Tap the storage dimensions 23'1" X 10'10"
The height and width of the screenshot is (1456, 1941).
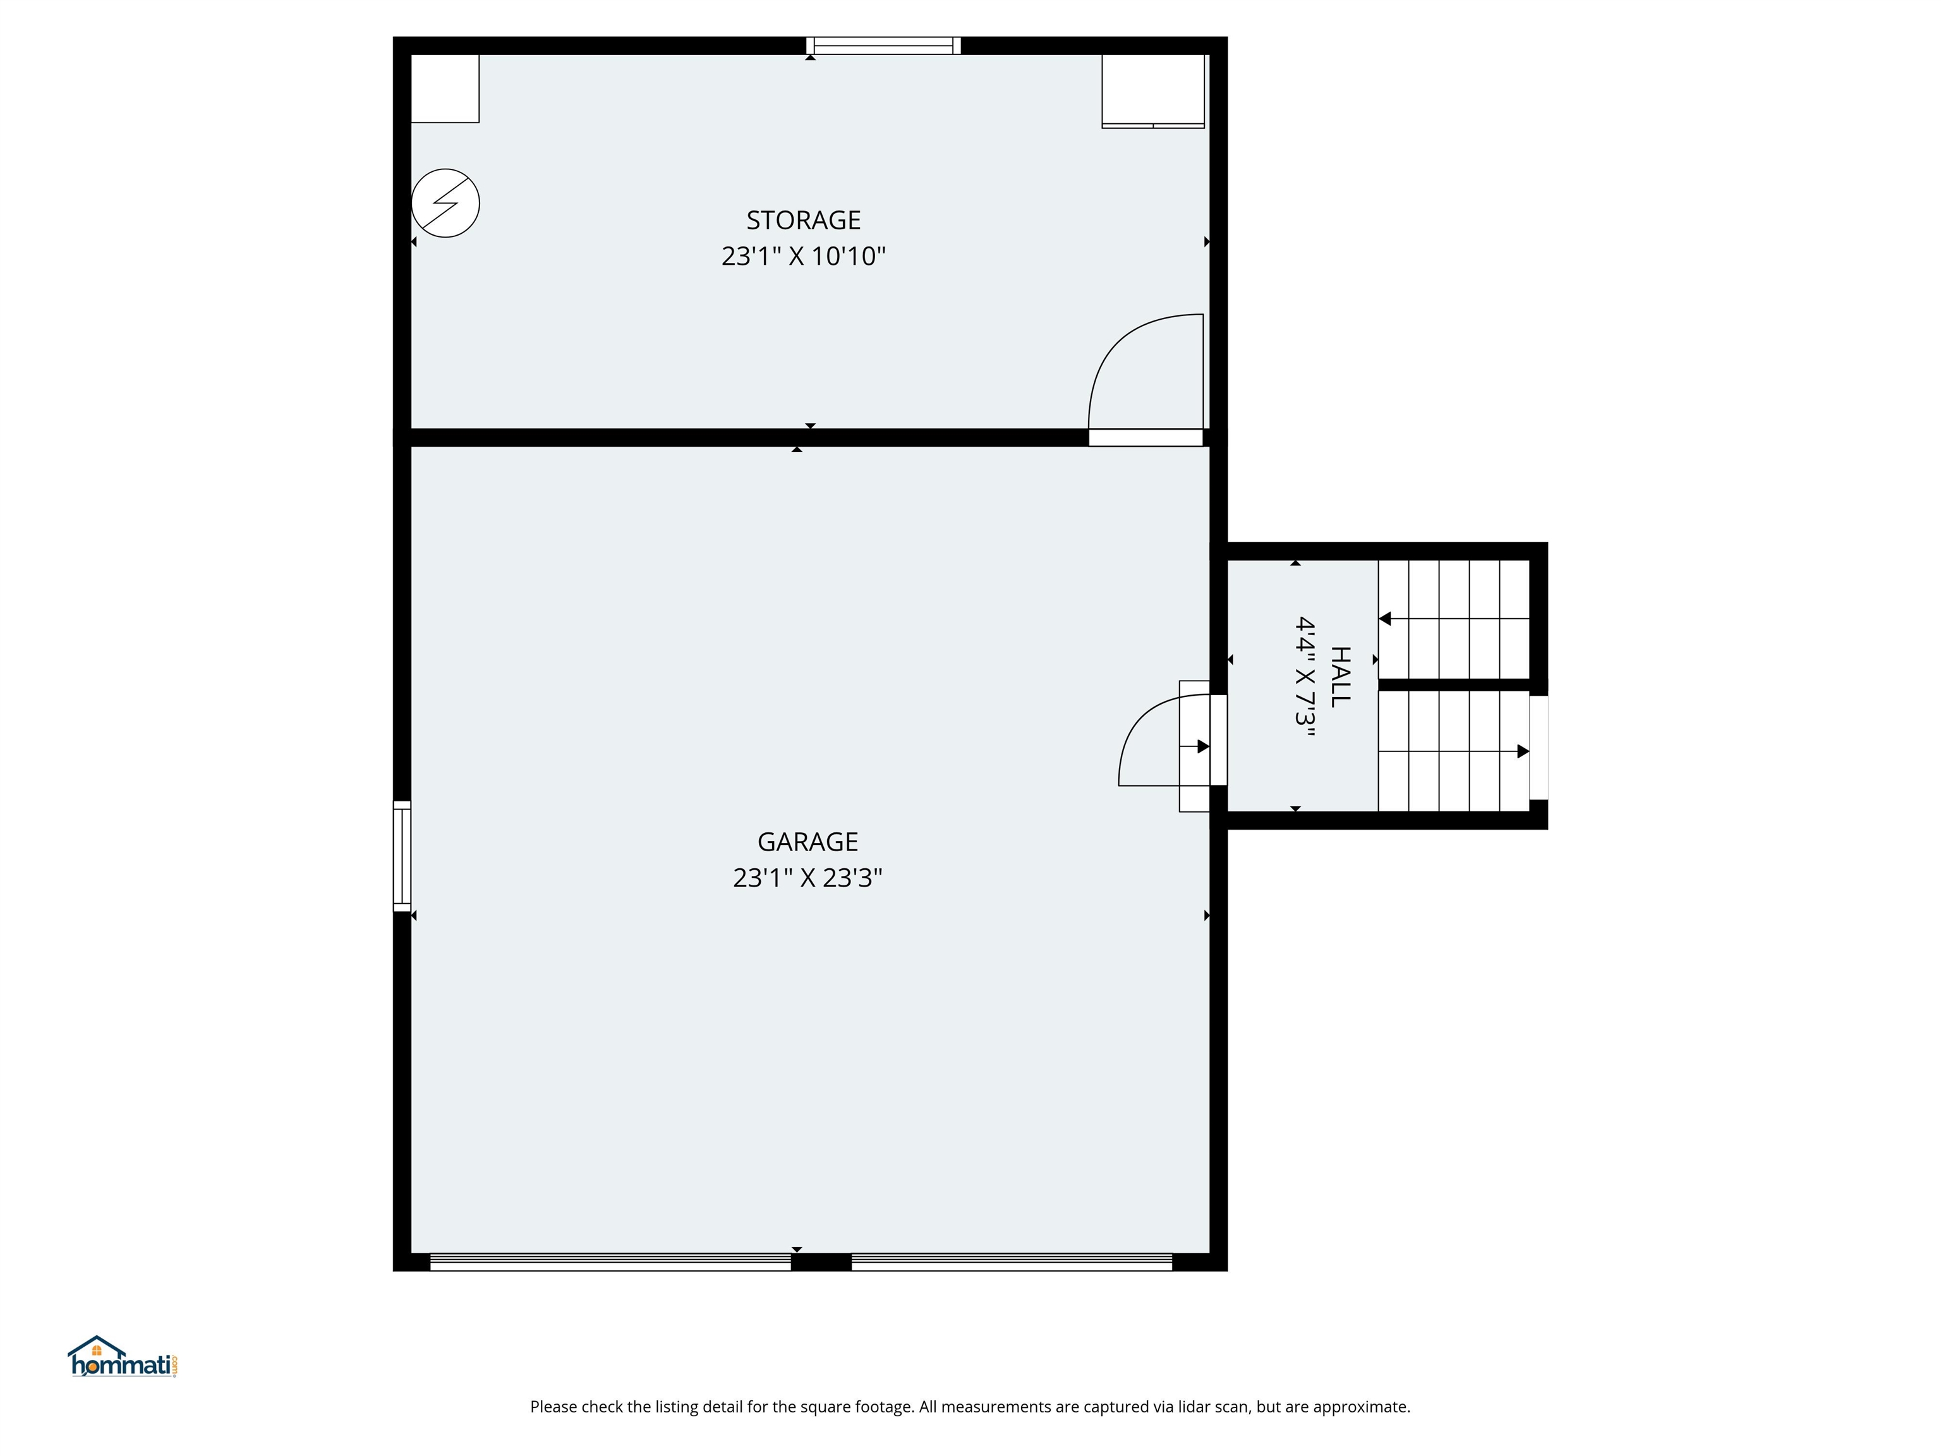click(803, 257)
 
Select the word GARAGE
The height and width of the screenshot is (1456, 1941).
click(807, 842)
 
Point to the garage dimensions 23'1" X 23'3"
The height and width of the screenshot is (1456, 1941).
click(807, 878)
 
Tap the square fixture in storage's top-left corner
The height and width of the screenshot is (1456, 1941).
click(445, 88)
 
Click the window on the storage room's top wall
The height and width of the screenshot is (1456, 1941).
click(884, 45)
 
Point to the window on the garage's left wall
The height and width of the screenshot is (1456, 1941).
click(402, 856)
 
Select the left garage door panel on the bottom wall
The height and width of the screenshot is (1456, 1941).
click(611, 1262)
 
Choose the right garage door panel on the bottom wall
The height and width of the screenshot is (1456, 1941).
click(1012, 1262)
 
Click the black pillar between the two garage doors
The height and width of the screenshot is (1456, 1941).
click(821, 1262)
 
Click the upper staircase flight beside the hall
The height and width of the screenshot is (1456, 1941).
click(1454, 619)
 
